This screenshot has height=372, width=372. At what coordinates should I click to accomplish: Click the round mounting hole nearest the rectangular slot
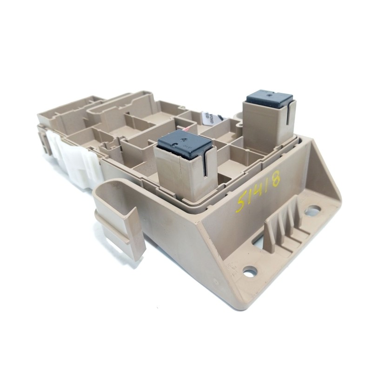tap(250, 270)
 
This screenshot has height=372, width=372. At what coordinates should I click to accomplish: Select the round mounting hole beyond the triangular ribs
tap(313, 211)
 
